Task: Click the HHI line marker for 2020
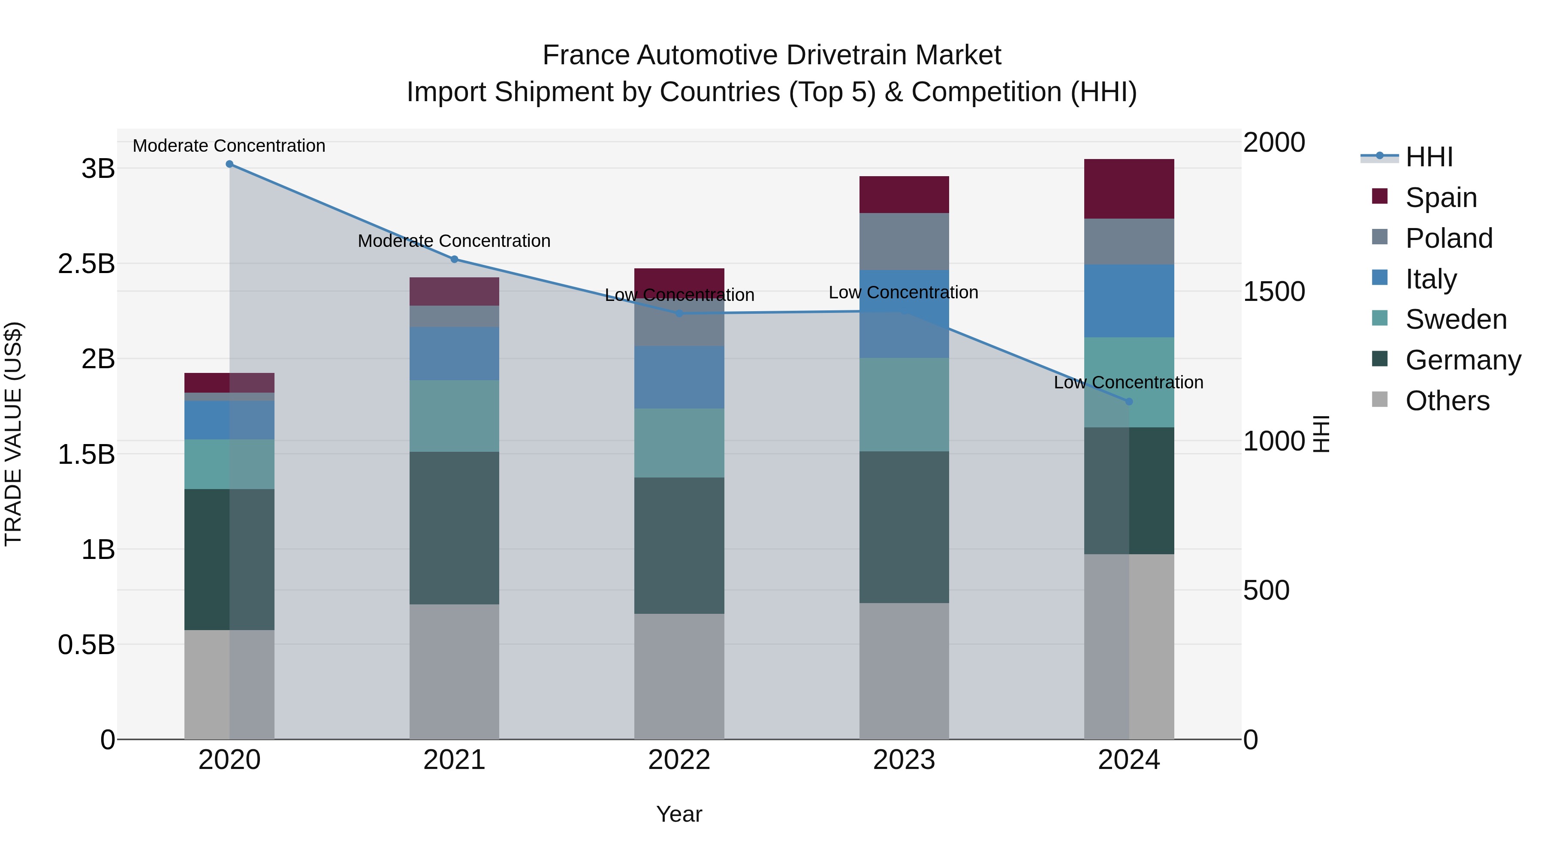(229, 164)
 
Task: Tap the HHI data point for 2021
(454, 259)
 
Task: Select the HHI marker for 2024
(1129, 401)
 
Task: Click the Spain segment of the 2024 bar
(1129, 189)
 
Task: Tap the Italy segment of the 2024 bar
(1129, 301)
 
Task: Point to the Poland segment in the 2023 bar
(904, 241)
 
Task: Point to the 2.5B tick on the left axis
(86, 264)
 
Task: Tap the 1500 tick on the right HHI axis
(1274, 292)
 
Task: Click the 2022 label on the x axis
(679, 760)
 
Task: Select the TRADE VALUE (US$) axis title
(13, 434)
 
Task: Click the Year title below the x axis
(679, 814)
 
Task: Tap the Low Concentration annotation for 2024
(1128, 382)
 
